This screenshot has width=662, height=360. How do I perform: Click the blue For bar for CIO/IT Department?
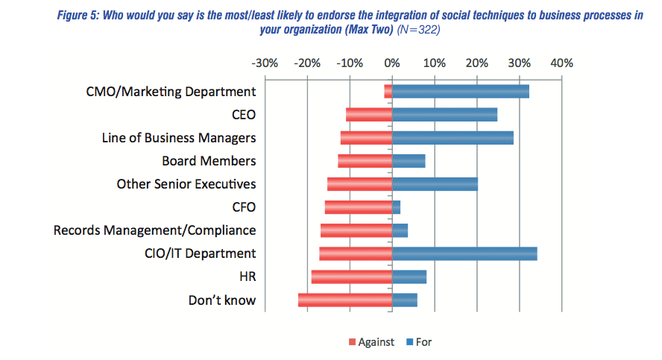coord(464,253)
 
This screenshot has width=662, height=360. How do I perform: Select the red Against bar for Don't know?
coord(345,300)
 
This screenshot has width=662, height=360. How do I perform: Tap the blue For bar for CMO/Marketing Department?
coord(460,92)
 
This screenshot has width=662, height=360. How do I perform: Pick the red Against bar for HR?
coord(352,277)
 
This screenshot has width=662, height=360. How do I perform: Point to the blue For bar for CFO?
coord(396,207)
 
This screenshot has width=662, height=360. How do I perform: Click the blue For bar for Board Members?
coord(409,161)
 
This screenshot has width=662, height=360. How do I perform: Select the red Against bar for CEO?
coord(369,115)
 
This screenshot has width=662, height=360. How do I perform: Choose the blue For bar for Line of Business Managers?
coord(453,138)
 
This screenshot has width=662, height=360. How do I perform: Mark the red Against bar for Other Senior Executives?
coord(359,184)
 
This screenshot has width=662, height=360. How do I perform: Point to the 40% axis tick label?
coord(561,63)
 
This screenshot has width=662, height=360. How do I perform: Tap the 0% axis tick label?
coord(392,63)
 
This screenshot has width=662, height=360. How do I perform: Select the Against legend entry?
coord(372,342)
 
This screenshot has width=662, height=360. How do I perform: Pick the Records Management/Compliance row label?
coord(155,230)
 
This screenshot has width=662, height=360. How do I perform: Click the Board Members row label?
coord(209,161)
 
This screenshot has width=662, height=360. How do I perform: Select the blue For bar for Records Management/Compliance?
coord(400,230)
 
